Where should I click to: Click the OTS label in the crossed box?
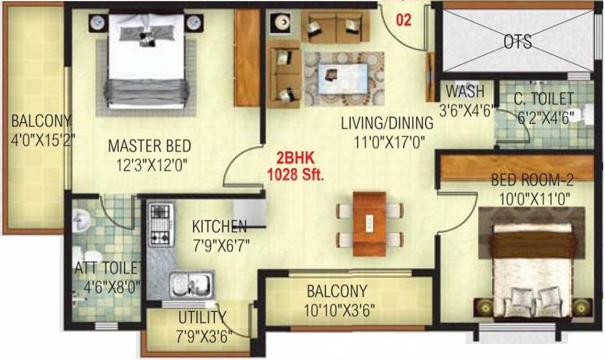517,42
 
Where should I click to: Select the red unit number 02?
404,20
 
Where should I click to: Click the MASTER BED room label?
150,146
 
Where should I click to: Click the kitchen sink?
192,285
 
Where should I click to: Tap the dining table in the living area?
369,224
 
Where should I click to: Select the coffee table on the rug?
343,79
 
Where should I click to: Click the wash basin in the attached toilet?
81,221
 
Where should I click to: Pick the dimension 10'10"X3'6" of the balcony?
339,310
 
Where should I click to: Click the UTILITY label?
202,317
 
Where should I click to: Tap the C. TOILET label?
544,99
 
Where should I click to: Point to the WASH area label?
465,91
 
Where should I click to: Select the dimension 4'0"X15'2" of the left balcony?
42,139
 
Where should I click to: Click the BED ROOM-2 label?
532,180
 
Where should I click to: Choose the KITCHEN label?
219,226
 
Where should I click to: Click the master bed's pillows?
147,33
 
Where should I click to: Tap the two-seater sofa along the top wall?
335,26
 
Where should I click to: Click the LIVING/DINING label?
387,123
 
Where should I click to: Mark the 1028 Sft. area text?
296,175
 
